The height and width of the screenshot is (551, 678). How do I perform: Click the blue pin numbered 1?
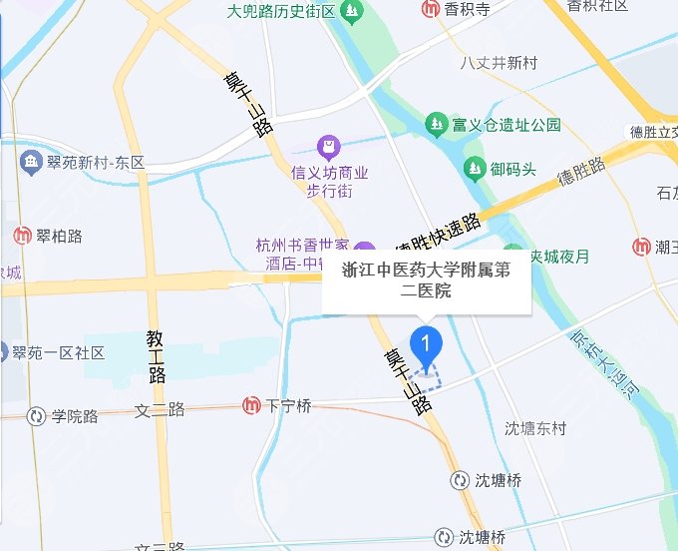tap(428, 344)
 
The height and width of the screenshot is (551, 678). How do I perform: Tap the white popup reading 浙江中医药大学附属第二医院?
tap(426, 280)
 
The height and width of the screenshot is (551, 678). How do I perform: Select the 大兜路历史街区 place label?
tap(280, 12)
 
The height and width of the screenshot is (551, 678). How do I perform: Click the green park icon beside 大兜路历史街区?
tap(351, 12)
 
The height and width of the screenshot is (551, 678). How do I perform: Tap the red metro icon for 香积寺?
tap(430, 10)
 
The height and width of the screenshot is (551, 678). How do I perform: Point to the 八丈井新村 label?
tap(499, 63)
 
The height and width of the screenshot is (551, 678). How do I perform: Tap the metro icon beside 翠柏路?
tap(22, 236)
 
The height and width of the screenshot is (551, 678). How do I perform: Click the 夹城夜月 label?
tap(558, 255)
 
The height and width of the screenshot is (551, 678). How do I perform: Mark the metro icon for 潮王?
tap(644, 247)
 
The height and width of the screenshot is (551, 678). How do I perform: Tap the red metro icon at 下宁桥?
tap(252, 405)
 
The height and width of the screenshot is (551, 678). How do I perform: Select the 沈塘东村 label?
tap(535, 429)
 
